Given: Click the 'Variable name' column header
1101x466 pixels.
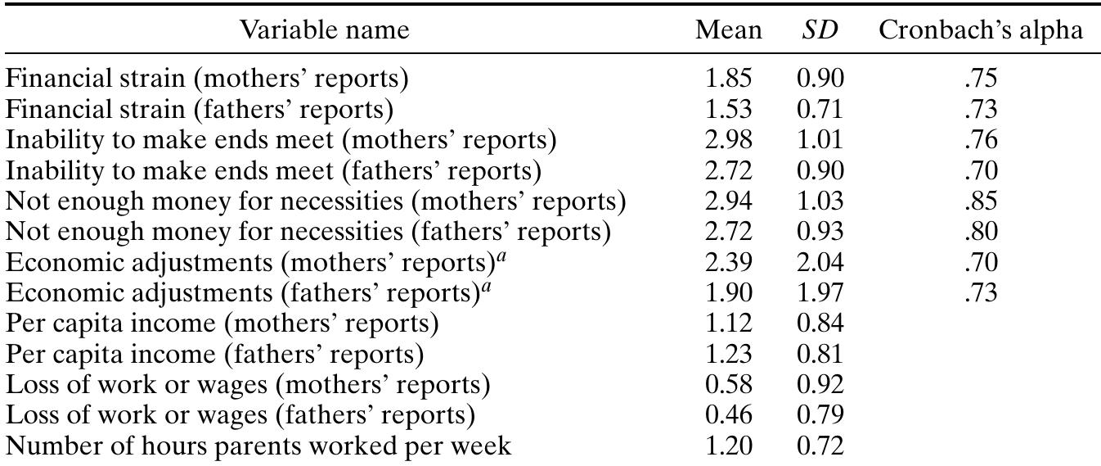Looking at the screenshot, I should [x=324, y=30].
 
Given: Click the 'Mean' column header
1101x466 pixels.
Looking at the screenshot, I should [x=728, y=30].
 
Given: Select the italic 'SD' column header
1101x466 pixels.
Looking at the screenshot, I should [x=820, y=30].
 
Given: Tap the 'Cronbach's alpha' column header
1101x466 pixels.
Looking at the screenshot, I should [x=981, y=30].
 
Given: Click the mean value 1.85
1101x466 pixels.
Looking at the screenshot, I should [x=728, y=79].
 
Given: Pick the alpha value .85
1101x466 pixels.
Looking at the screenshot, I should [x=981, y=201].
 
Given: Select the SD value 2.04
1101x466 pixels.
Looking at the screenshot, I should [x=820, y=263].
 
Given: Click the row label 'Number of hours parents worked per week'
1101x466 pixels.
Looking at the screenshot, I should [x=258, y=446].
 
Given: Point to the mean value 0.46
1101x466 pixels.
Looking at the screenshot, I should [x=728, y=416].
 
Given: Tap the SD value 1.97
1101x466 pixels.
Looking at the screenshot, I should [x=820, y=293].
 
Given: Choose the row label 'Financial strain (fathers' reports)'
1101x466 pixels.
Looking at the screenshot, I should [x=200, y=109].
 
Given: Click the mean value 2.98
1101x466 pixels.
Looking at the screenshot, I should [x=728, y=140].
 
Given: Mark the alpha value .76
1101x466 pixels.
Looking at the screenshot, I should [x=981, y=140].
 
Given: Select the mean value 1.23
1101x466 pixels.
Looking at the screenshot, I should [x=728, y=355].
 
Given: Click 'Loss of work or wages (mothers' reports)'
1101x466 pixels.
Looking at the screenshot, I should [x=248, y=385].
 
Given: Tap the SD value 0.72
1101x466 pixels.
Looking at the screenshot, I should [x=820, y=446].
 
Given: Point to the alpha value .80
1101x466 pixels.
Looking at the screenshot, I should [x=981, y=232].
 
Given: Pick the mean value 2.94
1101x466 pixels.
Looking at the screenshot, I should [x=728, y=201].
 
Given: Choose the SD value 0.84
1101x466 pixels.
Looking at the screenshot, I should [x=820, y=324].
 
